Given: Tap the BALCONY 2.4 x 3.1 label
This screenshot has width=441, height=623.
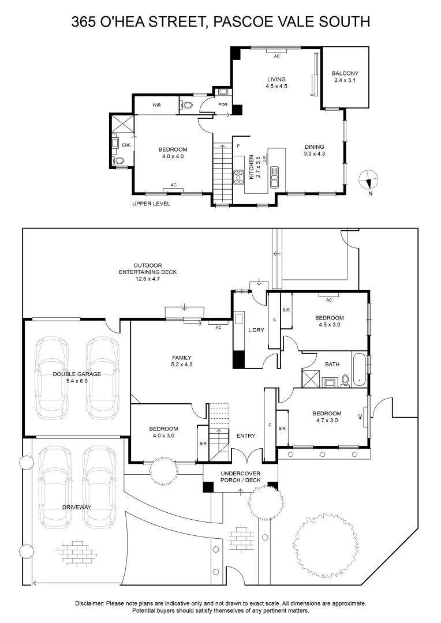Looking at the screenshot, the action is [345, 77].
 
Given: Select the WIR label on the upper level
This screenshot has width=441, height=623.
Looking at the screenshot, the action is [156, 106].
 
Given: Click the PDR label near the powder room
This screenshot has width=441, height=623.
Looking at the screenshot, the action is [223, 105].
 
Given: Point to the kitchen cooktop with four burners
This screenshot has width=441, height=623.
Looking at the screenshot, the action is [238, 177].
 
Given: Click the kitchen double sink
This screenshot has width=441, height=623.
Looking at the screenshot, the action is [274, 177].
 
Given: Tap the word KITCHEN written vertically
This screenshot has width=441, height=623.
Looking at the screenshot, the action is [252, 167].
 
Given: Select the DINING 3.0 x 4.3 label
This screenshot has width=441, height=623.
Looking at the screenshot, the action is [314, 150].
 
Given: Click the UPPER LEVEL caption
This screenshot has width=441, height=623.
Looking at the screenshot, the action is [151, 204].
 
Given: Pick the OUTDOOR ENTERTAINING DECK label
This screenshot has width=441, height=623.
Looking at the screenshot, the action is [148, 272].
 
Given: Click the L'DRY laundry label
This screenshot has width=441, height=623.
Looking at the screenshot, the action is [256, 330].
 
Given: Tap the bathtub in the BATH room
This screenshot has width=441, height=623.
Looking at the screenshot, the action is [359, 370].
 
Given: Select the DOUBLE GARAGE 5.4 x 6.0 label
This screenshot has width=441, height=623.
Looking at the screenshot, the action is [77, 377].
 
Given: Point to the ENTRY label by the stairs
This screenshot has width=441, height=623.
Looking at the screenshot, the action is [246, 436].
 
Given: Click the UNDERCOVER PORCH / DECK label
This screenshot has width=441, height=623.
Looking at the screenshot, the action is [241, 477].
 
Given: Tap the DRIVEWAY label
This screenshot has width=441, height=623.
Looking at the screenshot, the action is [77, 508].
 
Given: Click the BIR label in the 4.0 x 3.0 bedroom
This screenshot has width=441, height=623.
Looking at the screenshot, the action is [203, 444].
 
